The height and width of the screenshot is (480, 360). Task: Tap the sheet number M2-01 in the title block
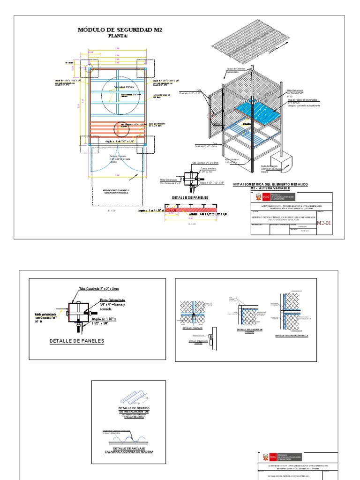pos(323,223)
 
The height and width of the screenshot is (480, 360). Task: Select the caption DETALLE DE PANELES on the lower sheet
pos(77,341)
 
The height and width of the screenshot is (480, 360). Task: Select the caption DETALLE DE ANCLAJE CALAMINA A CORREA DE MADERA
pos(128,450)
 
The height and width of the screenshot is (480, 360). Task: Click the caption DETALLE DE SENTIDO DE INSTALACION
pos(128,410)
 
